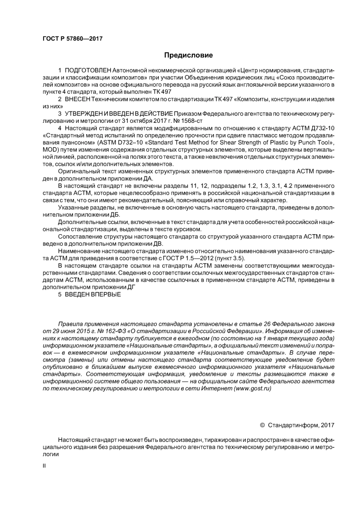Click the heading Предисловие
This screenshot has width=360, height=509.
pyautogui.click(x=188, y=55)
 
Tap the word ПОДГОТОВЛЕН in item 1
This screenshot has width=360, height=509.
pyautogui.click(x=88, y=70)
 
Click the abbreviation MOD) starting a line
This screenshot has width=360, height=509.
pyautogui.click(x=50, y=150)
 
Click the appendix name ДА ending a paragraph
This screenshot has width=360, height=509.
pyautogui.click(x=149, y=179)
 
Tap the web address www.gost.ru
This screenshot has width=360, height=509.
pyautogui.click(x=253, y=388)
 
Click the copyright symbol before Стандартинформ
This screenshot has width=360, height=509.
pyautogui.click(x=262, y=425)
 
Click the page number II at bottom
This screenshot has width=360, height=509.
pyautogui.click(x=44, y=465)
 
